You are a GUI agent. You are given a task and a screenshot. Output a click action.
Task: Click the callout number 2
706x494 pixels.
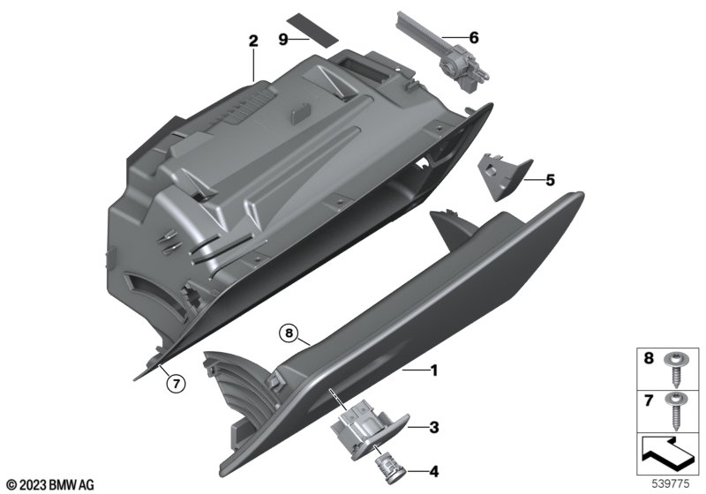pos(253,41)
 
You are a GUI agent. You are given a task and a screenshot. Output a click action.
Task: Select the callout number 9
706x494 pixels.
pos(282,40)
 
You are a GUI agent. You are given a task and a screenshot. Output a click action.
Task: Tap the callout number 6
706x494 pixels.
pos(474,38)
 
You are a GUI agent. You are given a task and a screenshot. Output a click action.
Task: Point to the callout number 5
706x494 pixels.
pos(550,181)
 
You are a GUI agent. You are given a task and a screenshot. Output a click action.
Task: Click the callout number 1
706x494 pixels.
pos(434,370)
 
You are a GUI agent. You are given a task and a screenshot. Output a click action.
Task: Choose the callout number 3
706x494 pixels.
pos(433,427)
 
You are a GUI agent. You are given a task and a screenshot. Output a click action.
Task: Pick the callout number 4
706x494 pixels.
pos(433,471)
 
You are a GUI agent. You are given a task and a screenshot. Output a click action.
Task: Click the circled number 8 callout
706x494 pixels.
pos(289,333)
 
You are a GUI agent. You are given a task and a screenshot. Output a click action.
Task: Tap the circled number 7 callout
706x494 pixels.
pos(176,384)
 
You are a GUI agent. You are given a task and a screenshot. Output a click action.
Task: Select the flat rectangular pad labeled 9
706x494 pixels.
pos(312,29)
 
